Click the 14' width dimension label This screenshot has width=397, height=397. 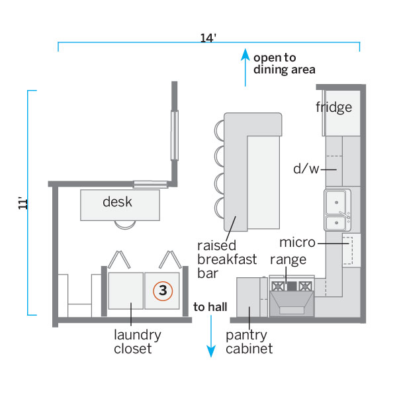tap(208, 38)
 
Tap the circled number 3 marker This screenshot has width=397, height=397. tap(163, 290)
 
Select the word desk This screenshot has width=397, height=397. tap(117, 202)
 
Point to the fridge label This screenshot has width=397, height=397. tap(333, 107)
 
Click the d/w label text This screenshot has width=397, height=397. tap(306, 169)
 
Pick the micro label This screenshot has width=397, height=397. tap(297, 243)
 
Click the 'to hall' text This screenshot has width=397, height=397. tap(210, 307)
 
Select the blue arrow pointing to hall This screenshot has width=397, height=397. tap(211, 337)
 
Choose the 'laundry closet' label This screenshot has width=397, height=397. tap(137, 341)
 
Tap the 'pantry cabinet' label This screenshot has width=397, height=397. tap(249, 341)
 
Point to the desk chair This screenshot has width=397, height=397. tap(124, 224)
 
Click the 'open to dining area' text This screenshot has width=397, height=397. tap(284, 63)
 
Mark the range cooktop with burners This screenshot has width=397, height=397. tap(292, 287)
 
